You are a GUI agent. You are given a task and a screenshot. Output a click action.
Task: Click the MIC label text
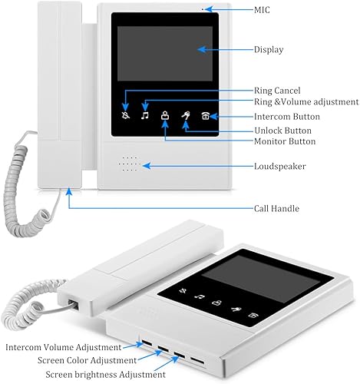[262, 10]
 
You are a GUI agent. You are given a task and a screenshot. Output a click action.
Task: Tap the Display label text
[269, 49]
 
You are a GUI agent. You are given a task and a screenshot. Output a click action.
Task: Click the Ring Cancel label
[277, 91]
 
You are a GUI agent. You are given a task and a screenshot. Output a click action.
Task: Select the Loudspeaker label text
[280, 166]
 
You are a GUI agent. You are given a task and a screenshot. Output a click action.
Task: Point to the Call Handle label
[276, 208]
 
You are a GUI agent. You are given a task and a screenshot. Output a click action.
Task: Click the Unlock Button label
[282, 131]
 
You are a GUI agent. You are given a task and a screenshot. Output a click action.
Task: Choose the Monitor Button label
[285, 141]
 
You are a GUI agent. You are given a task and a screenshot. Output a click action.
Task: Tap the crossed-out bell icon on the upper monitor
[126, 115]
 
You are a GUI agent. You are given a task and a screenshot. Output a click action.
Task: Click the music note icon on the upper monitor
[145, 115]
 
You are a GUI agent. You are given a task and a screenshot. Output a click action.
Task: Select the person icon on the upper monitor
[165, 115]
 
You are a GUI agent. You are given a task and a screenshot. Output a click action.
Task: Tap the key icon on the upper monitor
[186, 116]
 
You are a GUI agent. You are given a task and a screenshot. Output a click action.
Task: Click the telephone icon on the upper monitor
[206, 116]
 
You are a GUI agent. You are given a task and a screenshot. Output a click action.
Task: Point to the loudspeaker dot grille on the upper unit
[130, 164]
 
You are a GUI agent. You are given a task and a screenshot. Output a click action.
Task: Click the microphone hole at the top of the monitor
[203, 9]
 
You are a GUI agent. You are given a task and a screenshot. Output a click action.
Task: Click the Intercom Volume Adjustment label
[64, 347]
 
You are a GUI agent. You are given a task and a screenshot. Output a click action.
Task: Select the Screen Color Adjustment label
[87, 360]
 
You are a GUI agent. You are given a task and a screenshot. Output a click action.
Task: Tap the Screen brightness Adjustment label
[105, 375]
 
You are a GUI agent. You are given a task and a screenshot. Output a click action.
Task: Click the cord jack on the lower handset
[73, 304]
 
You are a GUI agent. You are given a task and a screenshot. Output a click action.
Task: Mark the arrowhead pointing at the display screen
[202, 49]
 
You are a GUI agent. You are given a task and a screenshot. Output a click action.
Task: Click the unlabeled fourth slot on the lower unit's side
[197, 361]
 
